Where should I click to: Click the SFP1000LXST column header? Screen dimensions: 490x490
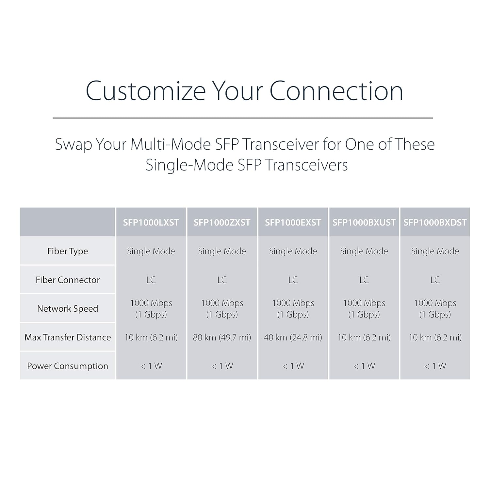[151, 222]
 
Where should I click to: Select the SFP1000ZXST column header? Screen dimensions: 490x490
[222, 222]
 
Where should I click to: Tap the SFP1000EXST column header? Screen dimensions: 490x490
[293, 222]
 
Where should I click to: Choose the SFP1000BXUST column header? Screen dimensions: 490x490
[364, 222]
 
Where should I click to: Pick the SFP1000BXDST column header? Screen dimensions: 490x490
[435, 222]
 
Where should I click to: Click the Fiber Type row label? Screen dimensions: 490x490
[68, 251]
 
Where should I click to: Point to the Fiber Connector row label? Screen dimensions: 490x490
[68, 280]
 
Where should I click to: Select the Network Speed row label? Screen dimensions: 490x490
[68, 309]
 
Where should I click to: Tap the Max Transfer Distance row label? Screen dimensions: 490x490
[68, 337]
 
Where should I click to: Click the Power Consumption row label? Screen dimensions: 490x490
[68, 366]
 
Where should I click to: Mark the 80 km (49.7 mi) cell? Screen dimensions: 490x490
[222, 337]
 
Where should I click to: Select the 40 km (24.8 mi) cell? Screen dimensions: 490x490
[293, 337]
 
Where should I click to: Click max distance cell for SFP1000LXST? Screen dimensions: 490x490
[151, 337]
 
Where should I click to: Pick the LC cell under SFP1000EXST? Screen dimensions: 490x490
[293, 280]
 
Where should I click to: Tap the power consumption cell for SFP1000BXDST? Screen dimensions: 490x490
[435, 366]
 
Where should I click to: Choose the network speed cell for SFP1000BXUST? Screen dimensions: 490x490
[364, 308]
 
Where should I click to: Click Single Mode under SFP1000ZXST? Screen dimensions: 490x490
[222, 251]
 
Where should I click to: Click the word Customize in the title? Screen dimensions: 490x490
[146, 91]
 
